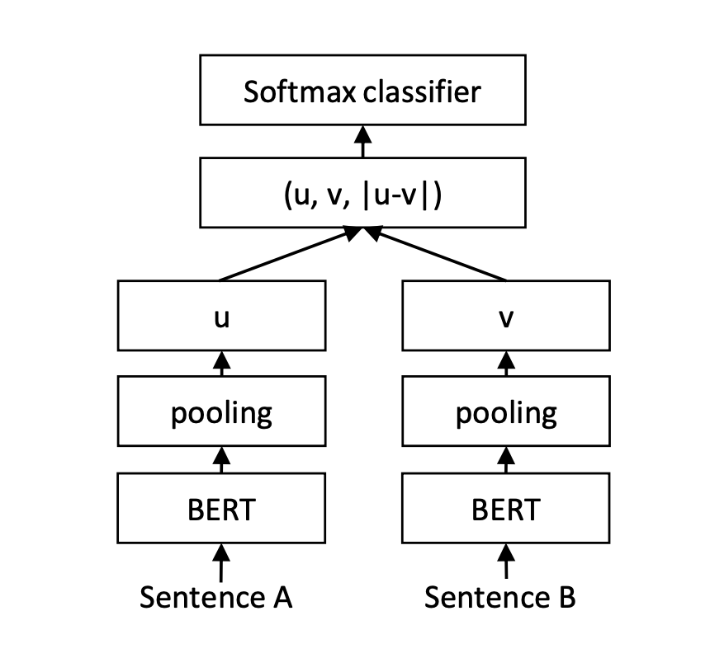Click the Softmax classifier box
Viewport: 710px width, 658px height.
[x=362, y=92]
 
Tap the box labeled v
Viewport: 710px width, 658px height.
[x=504, y=316]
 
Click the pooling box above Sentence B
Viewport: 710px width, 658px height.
[x=504, y=411]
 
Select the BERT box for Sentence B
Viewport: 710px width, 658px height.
[x=504, y=508]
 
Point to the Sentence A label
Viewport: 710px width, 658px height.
[x=215, y=596]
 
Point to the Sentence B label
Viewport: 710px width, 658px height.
[x=500, y=596]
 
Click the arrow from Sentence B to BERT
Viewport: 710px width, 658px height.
[x=504, y=560]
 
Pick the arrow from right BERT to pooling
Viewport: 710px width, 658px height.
[x=504, y=460]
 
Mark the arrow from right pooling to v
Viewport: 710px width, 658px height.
[x=504, y=364]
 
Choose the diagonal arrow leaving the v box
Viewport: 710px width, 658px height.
[x=438, y=255]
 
